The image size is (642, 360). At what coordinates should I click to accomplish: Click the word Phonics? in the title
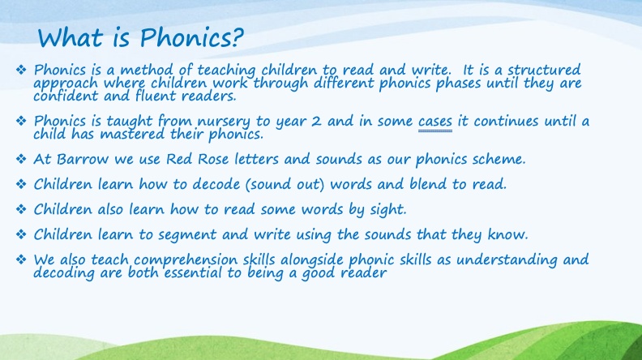pos(191,38)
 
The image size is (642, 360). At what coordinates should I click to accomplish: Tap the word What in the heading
pos(71,37)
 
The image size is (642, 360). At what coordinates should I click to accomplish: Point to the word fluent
pos(156,96)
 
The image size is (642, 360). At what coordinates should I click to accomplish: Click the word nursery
pos(224,122)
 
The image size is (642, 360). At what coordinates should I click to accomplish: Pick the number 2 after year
pos(315,122)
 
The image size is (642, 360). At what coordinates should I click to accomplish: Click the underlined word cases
pos(435,122)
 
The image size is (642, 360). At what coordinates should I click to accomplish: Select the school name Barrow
pos(83,159)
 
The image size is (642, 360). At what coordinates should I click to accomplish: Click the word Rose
pos(213,159)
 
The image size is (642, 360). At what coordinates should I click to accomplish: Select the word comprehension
pos(186,260)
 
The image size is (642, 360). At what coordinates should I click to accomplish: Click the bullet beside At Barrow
pos(21,159)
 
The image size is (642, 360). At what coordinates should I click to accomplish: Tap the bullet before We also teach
pos(21,259)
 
